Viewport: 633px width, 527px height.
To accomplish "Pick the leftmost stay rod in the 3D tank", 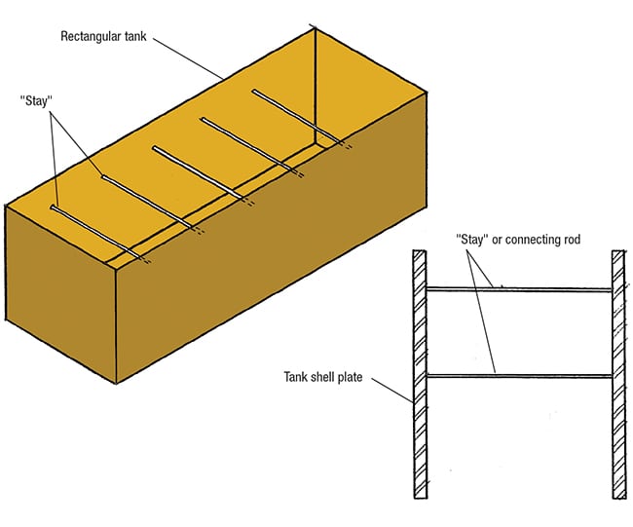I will tap(97, 232).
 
